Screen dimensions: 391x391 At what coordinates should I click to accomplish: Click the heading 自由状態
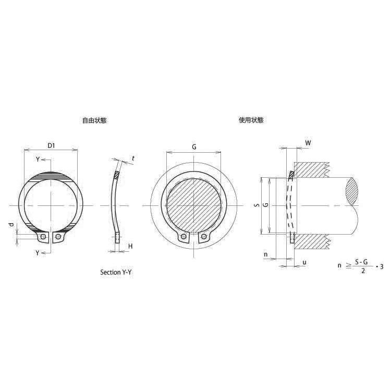(x=94, y=120)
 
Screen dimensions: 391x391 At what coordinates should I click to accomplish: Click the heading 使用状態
(x=251, y=120)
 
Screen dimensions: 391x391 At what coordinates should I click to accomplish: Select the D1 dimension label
(x=51, y=145)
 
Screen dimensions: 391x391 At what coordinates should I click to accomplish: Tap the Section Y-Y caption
(x=116, y=272)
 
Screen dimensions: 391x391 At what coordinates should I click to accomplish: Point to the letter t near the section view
(x=133, y=158)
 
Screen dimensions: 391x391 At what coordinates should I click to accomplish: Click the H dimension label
(x=130, y=247)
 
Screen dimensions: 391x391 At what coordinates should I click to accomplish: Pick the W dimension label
(x=308, y=143)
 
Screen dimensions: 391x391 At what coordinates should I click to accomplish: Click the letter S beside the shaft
(x=258, y=205)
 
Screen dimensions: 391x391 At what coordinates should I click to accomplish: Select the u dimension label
(x=304, y=263)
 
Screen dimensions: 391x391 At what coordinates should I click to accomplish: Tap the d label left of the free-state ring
(x=11, y=225)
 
